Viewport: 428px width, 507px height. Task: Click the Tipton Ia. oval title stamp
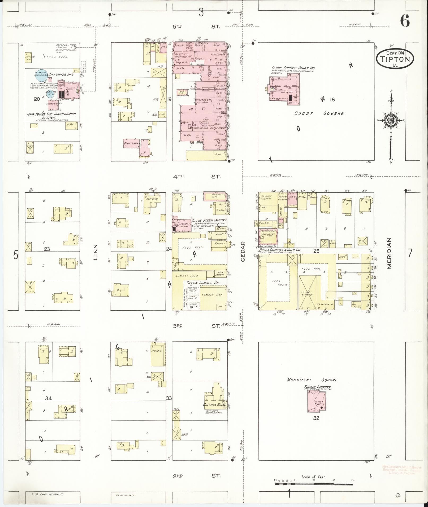tap(395, 59)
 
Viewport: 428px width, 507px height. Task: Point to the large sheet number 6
tap(405, 21)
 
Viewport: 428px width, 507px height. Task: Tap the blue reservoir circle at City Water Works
tap(41, 75)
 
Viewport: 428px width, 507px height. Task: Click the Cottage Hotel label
tap(214, 405)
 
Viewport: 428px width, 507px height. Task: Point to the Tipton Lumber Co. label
tap(203, 283)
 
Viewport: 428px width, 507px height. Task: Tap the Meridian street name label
tap(389, 253)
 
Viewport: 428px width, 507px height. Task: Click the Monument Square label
tap(312, 380)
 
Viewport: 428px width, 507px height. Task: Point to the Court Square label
tap(319, 113)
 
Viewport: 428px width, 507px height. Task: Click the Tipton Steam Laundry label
tap(209, 221)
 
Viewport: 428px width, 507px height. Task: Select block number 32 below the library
tap(316, 418)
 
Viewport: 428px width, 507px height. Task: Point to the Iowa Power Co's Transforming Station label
tap(51, 116)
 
